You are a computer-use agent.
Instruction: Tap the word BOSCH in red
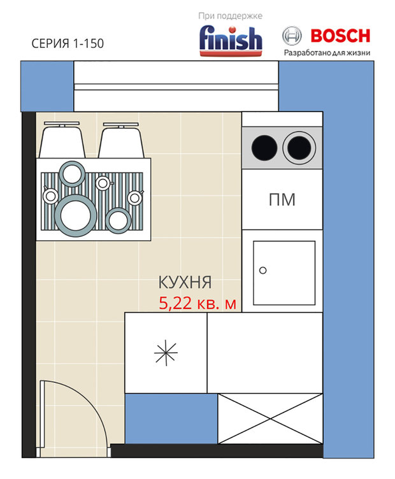(340, 36)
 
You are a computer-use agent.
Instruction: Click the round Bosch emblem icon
(292, 36)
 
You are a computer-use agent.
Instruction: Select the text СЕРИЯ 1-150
(68, 43)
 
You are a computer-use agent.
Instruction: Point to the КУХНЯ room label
(185, 282)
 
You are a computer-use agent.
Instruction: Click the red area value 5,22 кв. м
(197, 303)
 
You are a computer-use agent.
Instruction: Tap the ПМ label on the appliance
(282, 199)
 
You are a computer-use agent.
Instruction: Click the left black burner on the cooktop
(264, 148)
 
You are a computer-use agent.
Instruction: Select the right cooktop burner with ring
(299, 148)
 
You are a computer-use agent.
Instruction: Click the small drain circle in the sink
(262, 270)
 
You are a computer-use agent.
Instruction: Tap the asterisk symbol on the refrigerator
(166, 352)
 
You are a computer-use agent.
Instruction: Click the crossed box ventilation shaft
(270, 418)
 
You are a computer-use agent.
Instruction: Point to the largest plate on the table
(76, 216)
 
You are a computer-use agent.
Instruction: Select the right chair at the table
(121, 141)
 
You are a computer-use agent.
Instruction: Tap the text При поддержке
(231, 16)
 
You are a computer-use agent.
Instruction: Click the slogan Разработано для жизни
(327, 52)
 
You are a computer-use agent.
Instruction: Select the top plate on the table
(72, 174)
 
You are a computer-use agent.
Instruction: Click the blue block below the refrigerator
(171, 418)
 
